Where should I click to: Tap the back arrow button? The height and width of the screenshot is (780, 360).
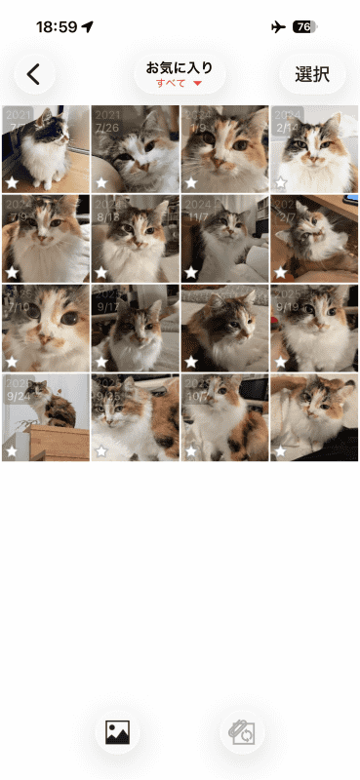pyautogui.click(x=35, y=74)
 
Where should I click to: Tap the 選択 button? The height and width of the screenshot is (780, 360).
pyautogui.click(x=312, y=74)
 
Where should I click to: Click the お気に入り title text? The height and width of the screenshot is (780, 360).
pyautogui.click(x=180, y=68)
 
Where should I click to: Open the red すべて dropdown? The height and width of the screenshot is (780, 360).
pyautogui.click(x=180, y=84)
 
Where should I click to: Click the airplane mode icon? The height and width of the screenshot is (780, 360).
pyautogui.click(x=278, y=27)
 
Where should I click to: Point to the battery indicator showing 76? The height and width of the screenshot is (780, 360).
pyautogui.click(x=304, y=27)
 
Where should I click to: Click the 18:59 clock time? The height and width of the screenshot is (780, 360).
pyautogui.click(x=57, y=27)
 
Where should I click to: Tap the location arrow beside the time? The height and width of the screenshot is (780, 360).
pyautogui.click(x=89, y=27)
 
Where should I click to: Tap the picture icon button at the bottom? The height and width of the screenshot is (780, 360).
pyautogui.click(x=117, y=732)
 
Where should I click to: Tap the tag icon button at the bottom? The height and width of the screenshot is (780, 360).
pyautogui.click(x=241, y=732)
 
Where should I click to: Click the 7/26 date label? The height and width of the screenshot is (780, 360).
pyautogui.click(x=107, y=127)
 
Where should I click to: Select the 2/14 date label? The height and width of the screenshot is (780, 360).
pyautogui.click(x=287, y=127)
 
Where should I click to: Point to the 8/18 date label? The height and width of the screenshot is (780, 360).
pyautogui.click(x=107, y=216)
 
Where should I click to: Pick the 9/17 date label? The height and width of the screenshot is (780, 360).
pyautogui.click(x=107, y=305)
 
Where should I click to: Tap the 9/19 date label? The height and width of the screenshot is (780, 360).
pyautogui.click(x=287, y=305)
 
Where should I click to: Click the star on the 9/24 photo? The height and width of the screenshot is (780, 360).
pyautogui.click(x=12, y=451)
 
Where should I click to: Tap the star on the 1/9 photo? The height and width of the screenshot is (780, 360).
pyautogui.click(x=191, y=182)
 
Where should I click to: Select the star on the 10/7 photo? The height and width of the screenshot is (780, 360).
pyautogui.click(x=191, y=451)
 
